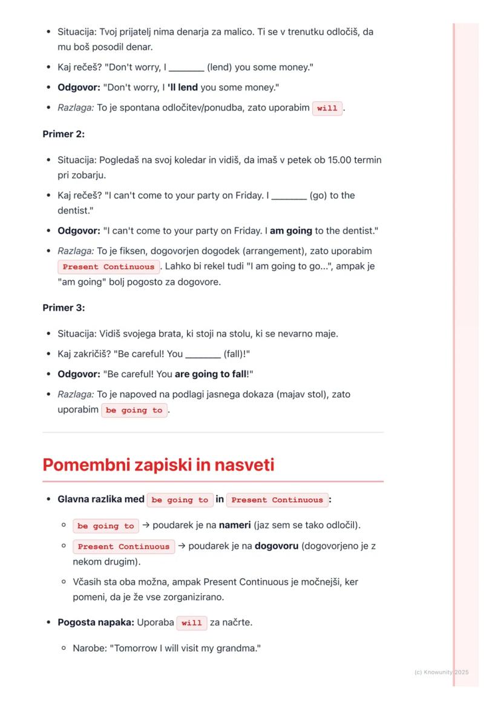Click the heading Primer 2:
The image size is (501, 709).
tap(64, 134)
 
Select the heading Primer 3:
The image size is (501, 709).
tap(64, 308)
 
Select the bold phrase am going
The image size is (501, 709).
tap(291, 231)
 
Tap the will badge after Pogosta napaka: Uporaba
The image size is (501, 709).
tap(192, 622)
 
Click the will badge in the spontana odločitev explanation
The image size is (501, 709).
tap(327, 108)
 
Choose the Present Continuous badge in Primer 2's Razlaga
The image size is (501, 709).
tap(109, 266)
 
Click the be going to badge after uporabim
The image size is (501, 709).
tap(134, 410)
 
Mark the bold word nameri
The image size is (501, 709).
tap(235, 525)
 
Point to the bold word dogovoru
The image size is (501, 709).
tap(277, 546)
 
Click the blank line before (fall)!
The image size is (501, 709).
tap(203, 354)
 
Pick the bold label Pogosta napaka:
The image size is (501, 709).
tap(96, 622)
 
